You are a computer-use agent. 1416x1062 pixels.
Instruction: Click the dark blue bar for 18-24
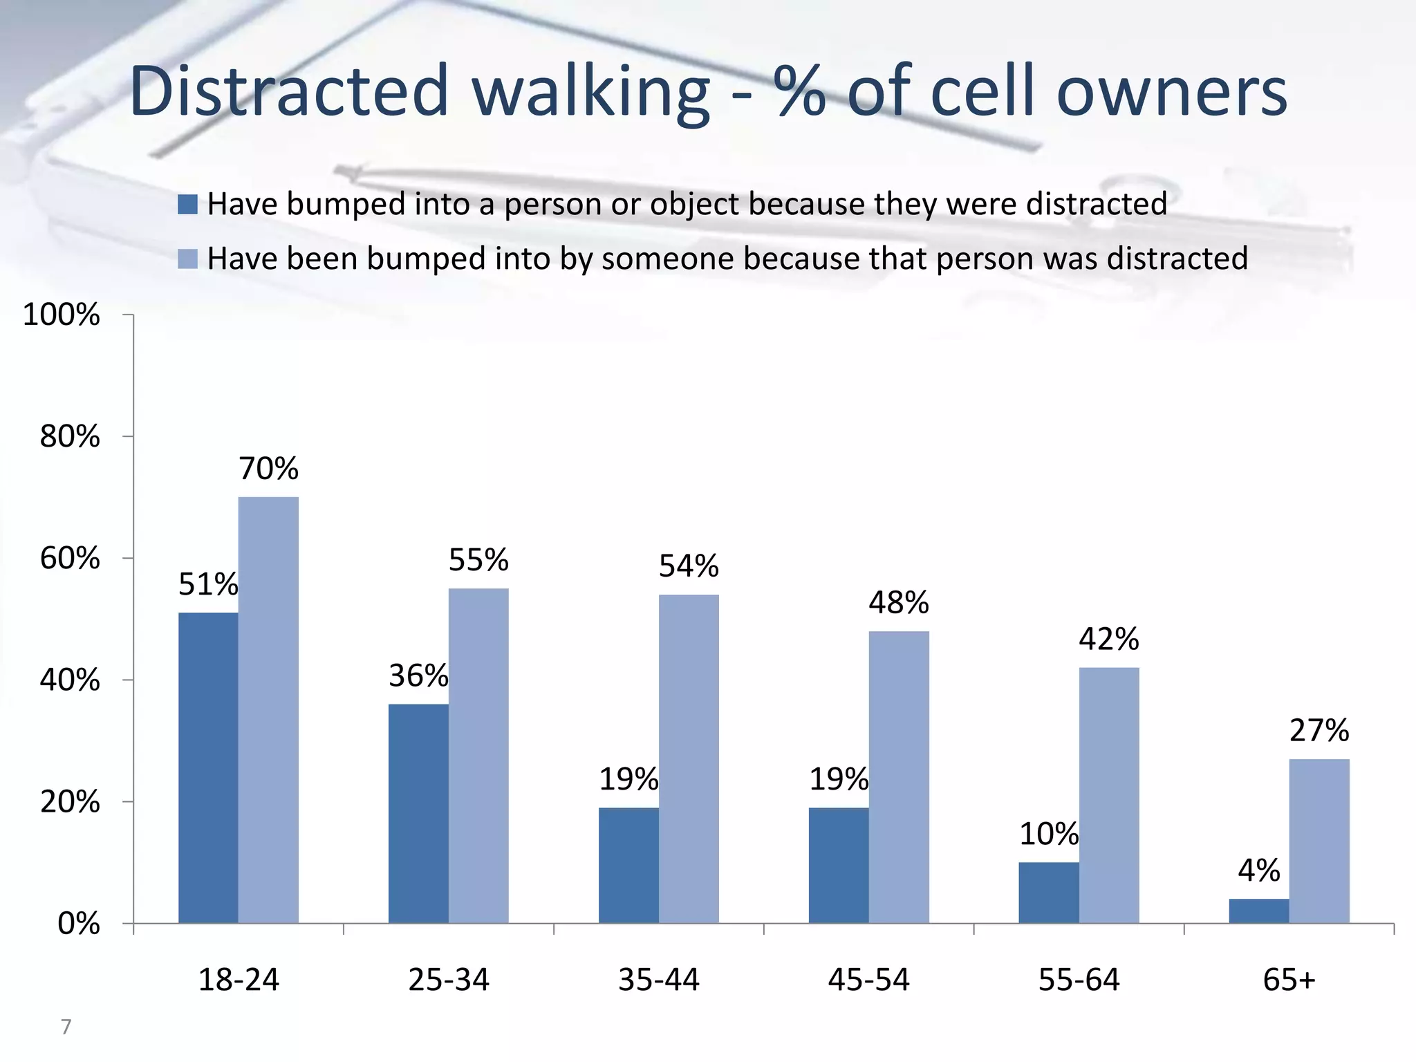point(208,767)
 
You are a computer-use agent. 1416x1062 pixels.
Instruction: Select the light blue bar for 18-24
point(268,709)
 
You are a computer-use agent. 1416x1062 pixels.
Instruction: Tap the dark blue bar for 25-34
point(418,813)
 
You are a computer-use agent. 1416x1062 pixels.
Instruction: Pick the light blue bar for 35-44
point(689,758)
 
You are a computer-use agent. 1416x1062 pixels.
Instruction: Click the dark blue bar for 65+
point(1258,911)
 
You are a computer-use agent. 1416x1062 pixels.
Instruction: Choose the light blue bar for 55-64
point(1109,795)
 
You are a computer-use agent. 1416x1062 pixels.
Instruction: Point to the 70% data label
point(268,469)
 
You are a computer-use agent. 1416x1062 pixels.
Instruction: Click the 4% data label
point(1258,870)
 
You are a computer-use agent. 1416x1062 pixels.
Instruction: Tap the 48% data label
point(898,602)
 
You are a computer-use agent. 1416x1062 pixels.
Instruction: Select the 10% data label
point(1048,834)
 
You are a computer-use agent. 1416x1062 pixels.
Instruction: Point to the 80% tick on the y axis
point(70,436)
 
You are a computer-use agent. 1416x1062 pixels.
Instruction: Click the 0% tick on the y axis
point(79,924)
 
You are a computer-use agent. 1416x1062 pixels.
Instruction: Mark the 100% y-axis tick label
point(62,315)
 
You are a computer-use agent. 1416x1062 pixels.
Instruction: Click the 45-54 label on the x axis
point(868,980)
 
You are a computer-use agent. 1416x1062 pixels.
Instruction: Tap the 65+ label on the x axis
point(1289,980)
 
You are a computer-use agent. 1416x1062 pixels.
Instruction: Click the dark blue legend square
point(187,204)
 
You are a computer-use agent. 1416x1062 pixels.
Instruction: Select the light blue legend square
point(187,259)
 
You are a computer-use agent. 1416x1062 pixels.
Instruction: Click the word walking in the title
point(591,92)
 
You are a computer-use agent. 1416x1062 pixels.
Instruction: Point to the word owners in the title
point(1172,92)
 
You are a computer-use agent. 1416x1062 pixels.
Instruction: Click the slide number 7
point(66,1027)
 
